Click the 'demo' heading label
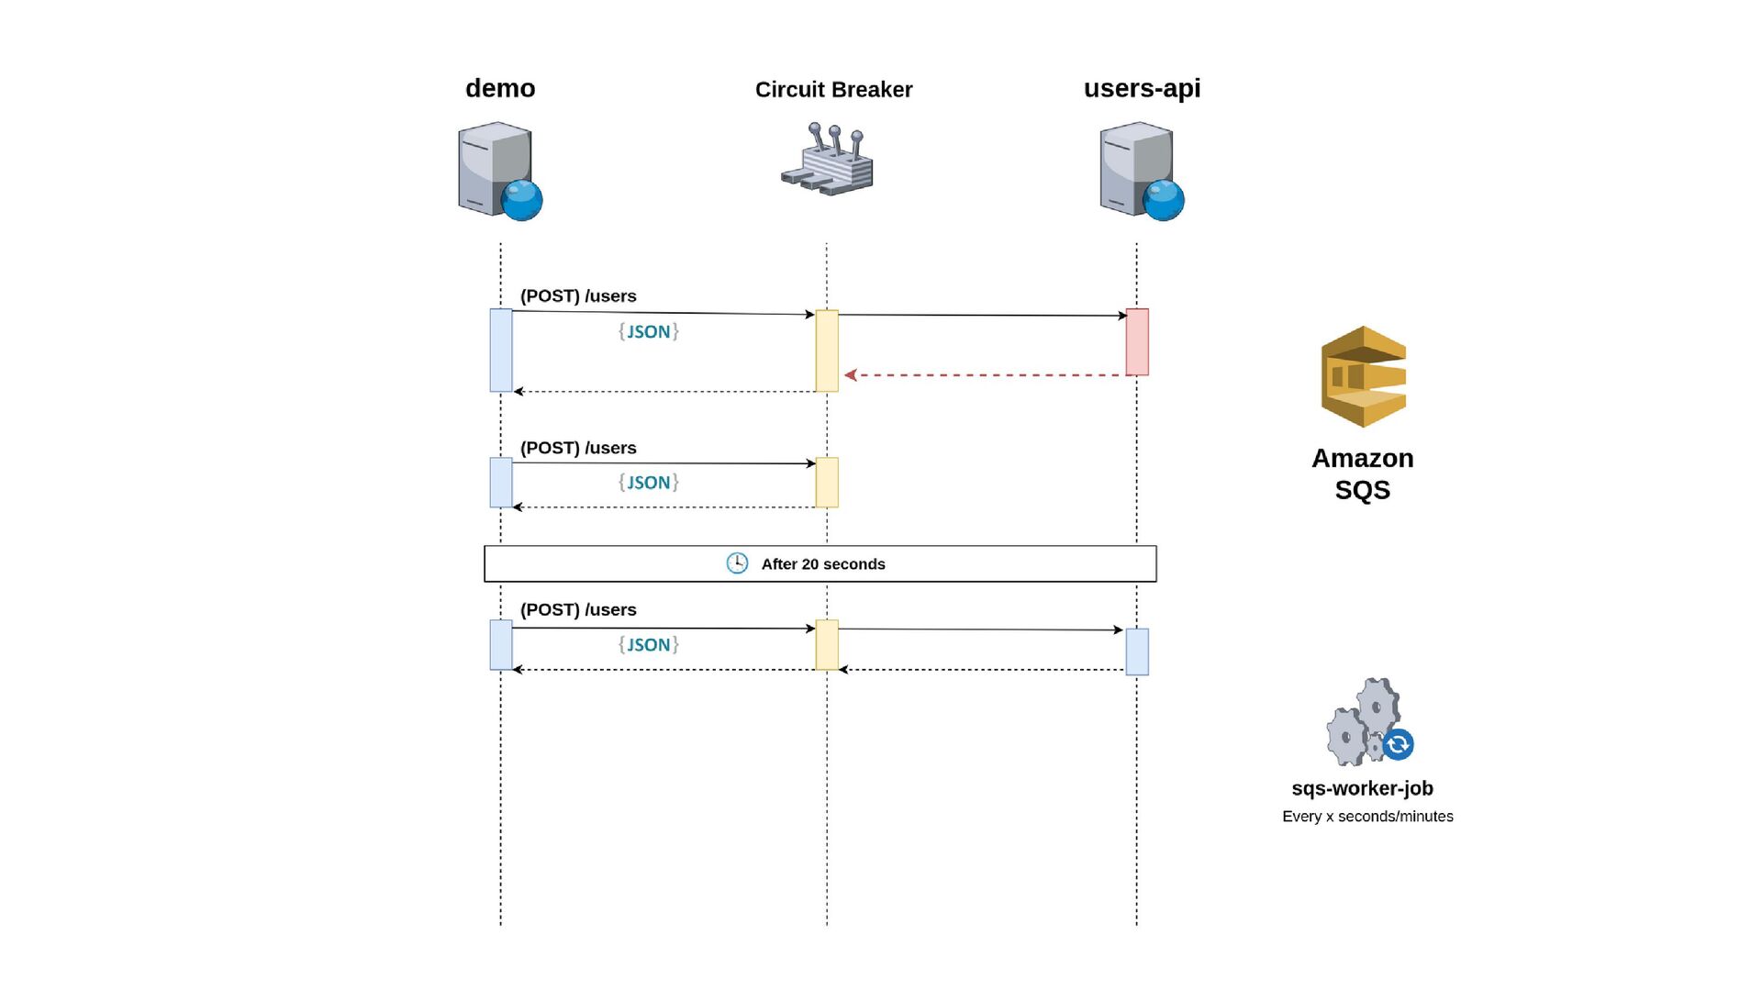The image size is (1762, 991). click(500, 88)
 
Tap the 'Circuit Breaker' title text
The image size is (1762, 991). click(833, 90)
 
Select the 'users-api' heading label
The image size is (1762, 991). click(1142, 88)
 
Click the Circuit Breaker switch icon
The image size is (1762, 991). click(827, 159)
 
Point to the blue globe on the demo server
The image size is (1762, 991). click(522, 200)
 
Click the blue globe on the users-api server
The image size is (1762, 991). click(1164, 200)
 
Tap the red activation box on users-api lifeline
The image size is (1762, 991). click(1137, 341)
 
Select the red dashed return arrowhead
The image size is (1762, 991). click(851, 374)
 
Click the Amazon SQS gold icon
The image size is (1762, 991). click(1364, 376)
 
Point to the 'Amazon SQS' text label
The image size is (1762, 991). click(1363, 473)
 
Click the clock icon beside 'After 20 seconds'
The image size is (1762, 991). click(737, 563)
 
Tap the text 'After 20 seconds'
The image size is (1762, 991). click(823, 564)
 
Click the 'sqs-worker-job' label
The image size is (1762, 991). click(1362, 788)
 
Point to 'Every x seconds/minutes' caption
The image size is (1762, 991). click(1367, 817)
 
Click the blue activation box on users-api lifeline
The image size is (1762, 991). click(1137, 651)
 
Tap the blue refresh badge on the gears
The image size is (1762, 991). click(1398, 744)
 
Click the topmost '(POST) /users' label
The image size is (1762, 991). click(578, 296)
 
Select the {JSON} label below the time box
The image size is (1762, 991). click(649, 644)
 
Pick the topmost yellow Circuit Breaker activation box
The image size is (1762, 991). click(827, 351)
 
